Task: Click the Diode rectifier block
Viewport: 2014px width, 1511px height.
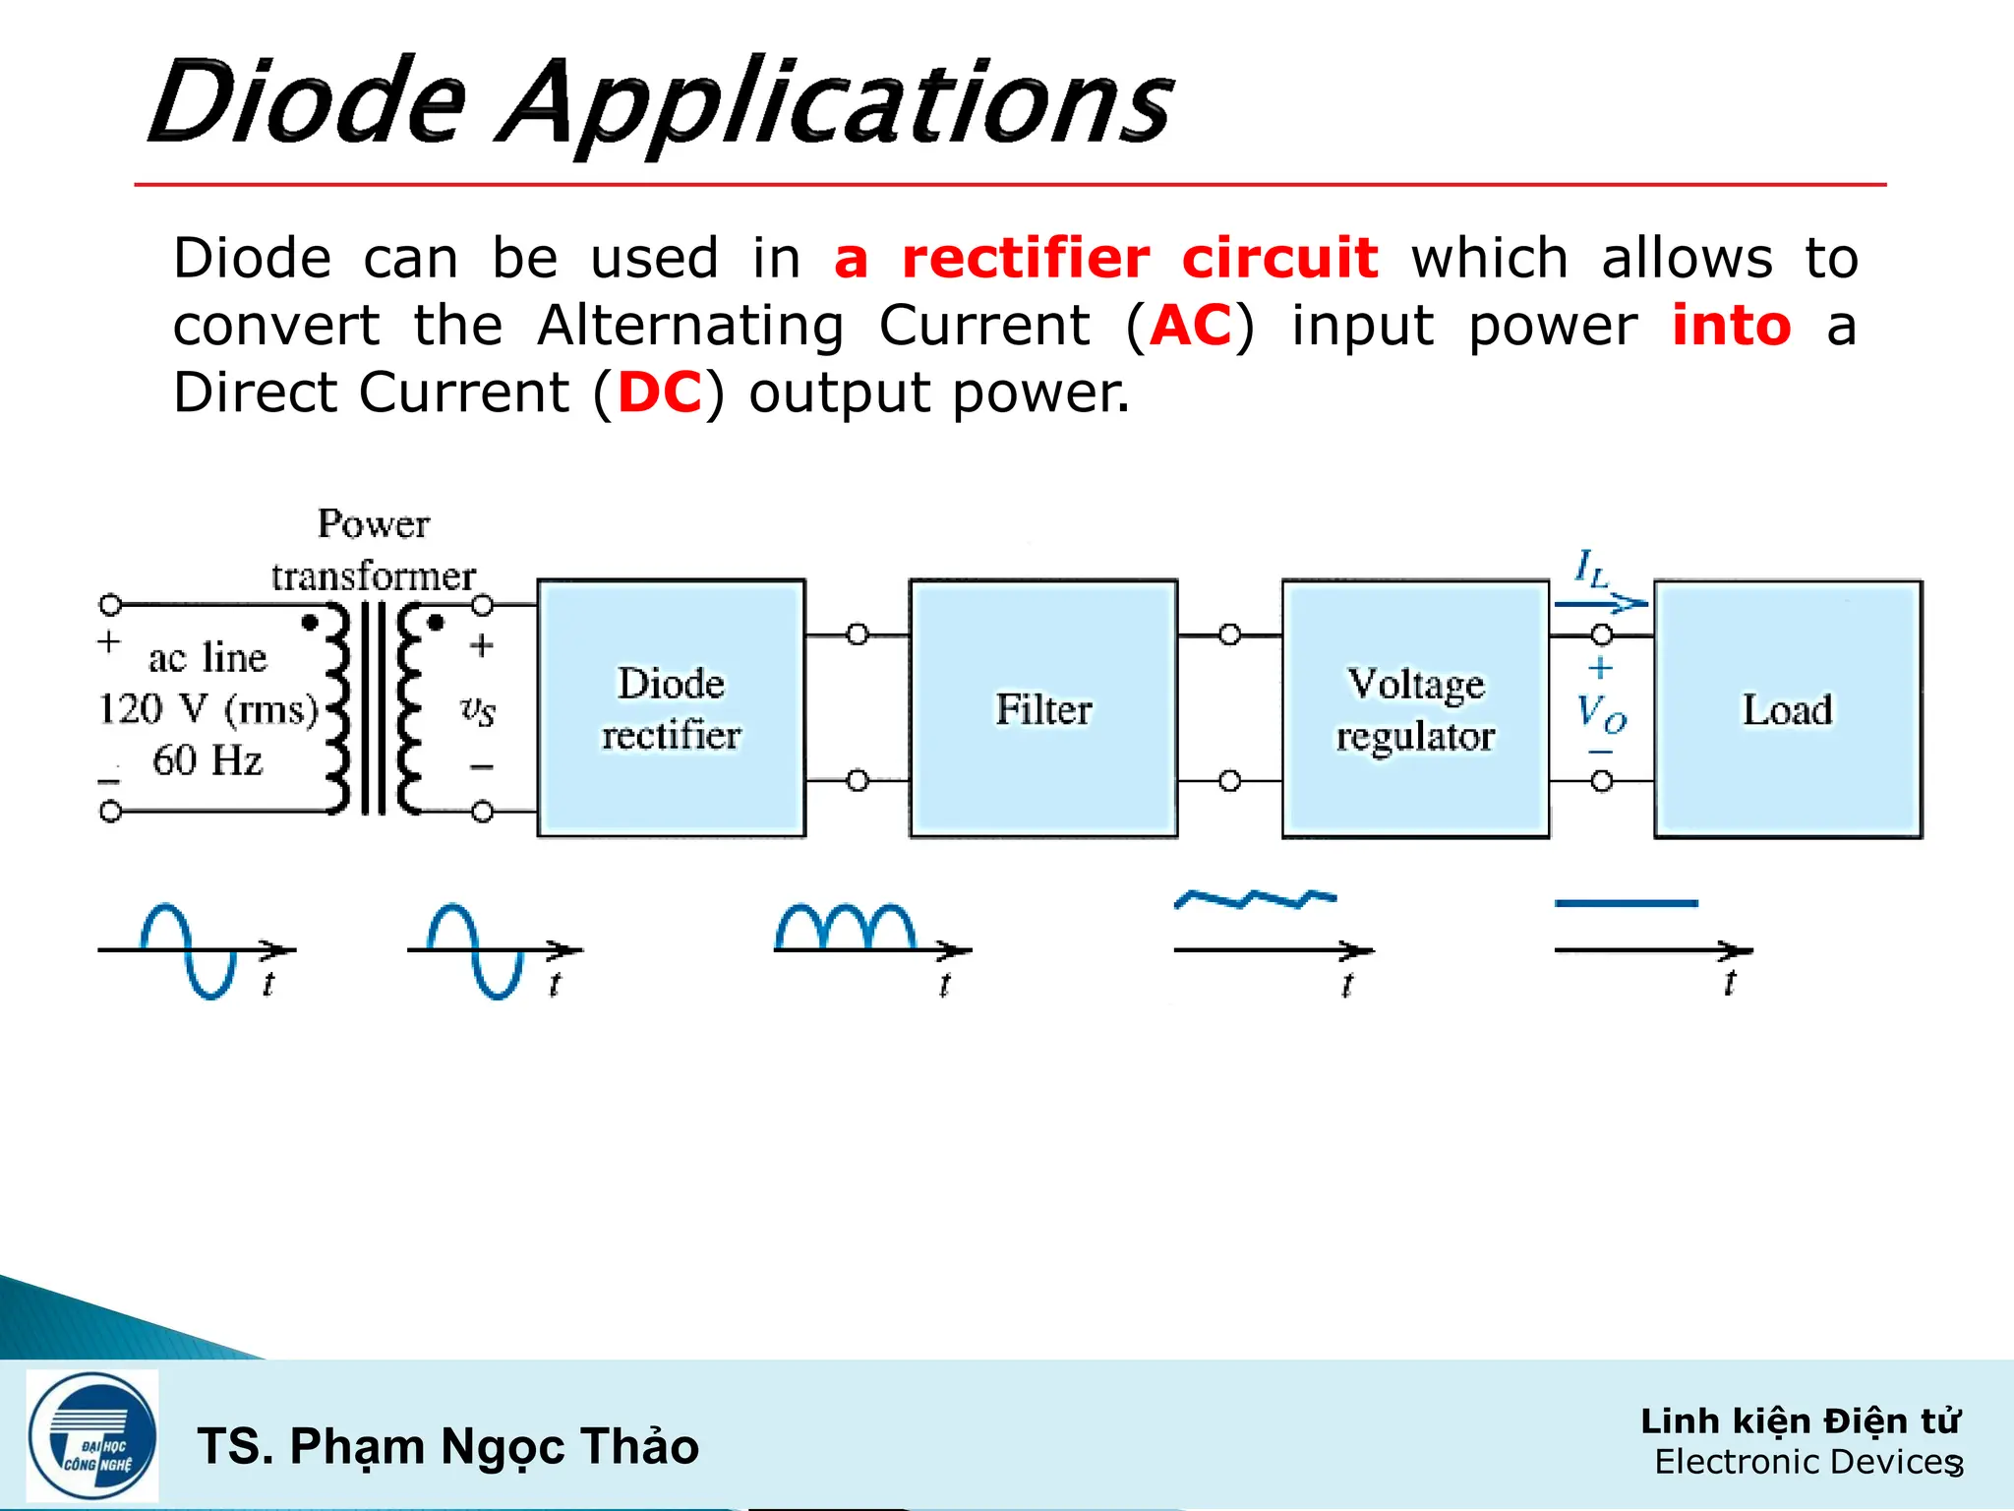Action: [x=671, y=708]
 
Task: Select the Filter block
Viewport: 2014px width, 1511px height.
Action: [x=1043, y=708]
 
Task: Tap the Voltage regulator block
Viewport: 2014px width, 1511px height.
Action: [x=1415, y=708]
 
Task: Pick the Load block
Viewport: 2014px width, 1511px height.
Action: [x=1788, y=708]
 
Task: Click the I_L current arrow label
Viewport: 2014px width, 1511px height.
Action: [x=1590, y=568]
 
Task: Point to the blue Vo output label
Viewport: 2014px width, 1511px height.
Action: [x=1601, y=712]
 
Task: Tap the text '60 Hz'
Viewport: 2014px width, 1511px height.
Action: [x=207, y=759]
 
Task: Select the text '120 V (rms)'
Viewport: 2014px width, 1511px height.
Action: [x=207, y=708]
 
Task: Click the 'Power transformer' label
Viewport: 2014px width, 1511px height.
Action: [x=374, y=549]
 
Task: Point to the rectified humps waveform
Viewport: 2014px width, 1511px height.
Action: [x=846, y=927]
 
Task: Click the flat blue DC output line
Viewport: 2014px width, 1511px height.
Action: [x=1626, y=902]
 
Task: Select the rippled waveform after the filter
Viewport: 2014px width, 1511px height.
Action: [x=1255, y=897]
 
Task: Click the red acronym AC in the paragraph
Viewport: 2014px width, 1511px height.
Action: [x=1191, y=326]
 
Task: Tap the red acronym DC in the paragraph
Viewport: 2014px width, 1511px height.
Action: [x=659, y=393]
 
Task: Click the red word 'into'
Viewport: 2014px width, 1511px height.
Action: [x=1732, y=326]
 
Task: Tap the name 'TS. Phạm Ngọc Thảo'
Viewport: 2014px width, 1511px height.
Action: [x=448, y=1446]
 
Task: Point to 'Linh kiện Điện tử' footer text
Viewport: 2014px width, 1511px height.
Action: [x=1800, y=1420]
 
